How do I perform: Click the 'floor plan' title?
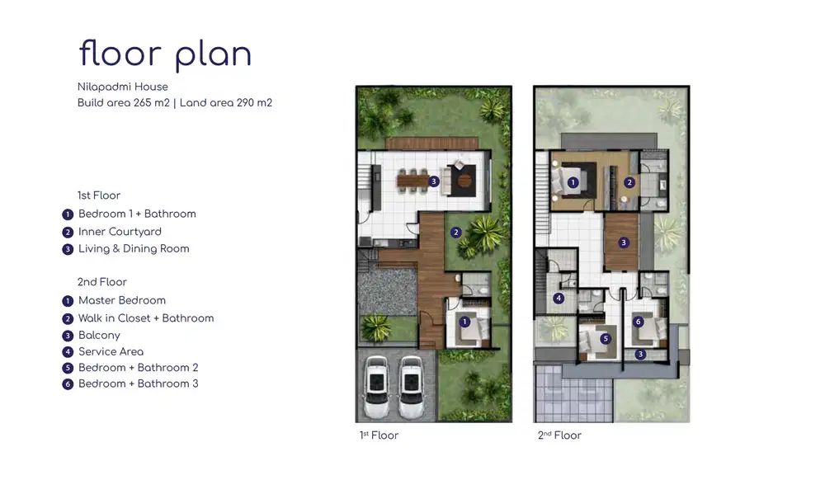(x=165, y=54)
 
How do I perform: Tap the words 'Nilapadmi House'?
(x=123, y=87)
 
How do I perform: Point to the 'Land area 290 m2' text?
(x=226, y=102)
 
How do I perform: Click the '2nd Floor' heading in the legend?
(x=102, y=282)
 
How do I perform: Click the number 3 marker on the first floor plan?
(x=434, y=181)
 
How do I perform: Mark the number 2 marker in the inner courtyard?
(x=456, y=232)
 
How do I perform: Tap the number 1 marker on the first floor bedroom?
(x=464, y=322)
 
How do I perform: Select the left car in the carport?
(x=377, y=387)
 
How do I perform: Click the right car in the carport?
(x=411, y=387)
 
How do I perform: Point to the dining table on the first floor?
(x=413, y=181)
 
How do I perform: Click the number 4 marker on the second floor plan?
(x=559, y=299)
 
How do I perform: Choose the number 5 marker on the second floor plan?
(x=606, y=339)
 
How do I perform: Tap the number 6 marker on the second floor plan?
(x=639, y=322)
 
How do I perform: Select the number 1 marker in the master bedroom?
(x=573, y=182)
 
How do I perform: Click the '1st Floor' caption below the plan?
(x=379, y=435)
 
